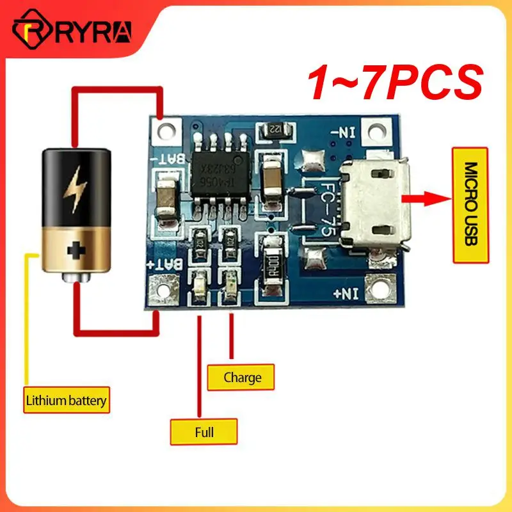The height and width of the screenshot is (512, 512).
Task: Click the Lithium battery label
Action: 65,402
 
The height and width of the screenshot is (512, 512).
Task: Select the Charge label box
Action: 243,377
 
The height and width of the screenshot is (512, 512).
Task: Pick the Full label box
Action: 204,432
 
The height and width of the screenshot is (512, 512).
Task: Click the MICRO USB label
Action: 470,205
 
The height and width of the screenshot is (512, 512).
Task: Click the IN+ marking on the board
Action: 345,294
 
